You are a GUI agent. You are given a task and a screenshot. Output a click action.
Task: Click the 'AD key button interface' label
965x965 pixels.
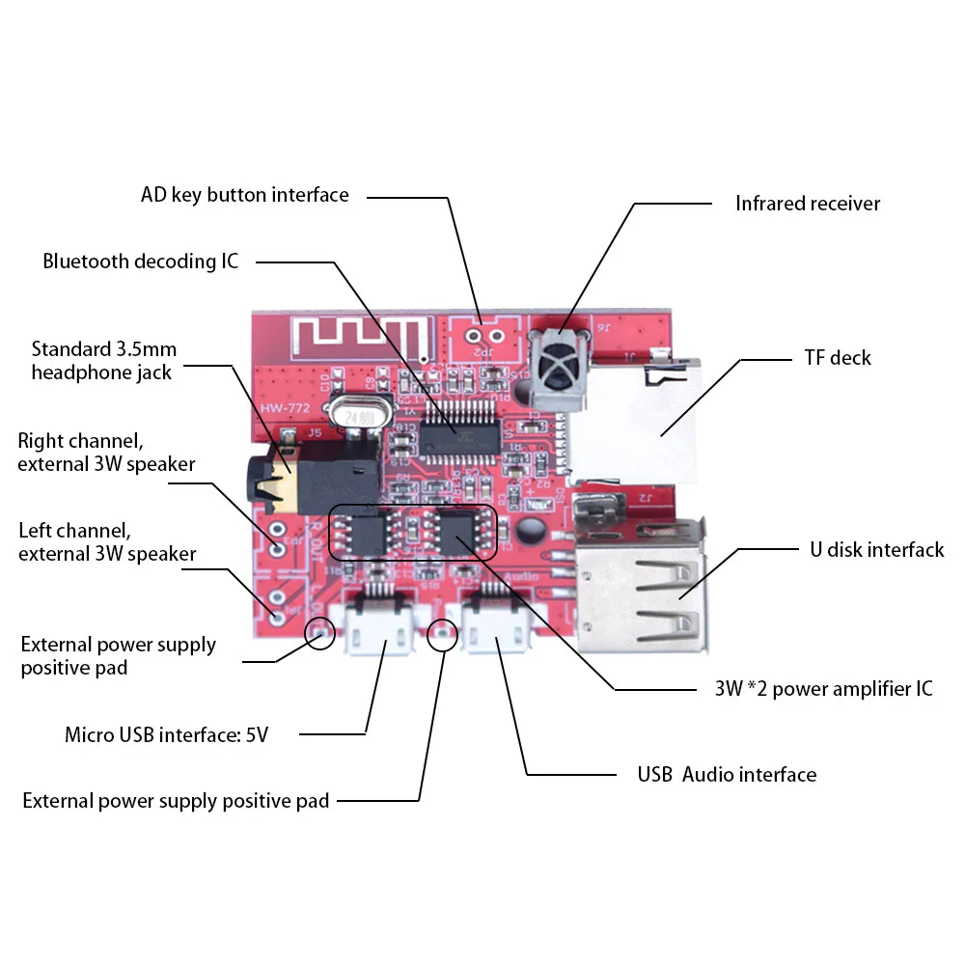tap(244, 195)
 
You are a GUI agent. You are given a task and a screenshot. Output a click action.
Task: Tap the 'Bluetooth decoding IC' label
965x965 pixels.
tap(140, 262)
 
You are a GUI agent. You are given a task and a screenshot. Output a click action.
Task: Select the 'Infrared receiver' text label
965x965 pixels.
tap(807, 204)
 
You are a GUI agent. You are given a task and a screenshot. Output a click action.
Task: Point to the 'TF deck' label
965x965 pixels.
tap(837, 358)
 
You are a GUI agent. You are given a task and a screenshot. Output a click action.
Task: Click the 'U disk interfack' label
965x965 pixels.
tap(875, 550)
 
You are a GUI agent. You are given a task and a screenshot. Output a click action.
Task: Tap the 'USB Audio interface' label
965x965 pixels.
tap(726, 775)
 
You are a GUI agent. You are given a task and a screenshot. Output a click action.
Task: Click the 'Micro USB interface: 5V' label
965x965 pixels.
tap(166, 735)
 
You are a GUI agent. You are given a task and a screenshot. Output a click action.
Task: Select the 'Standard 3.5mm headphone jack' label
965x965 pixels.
tap(103, 361)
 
